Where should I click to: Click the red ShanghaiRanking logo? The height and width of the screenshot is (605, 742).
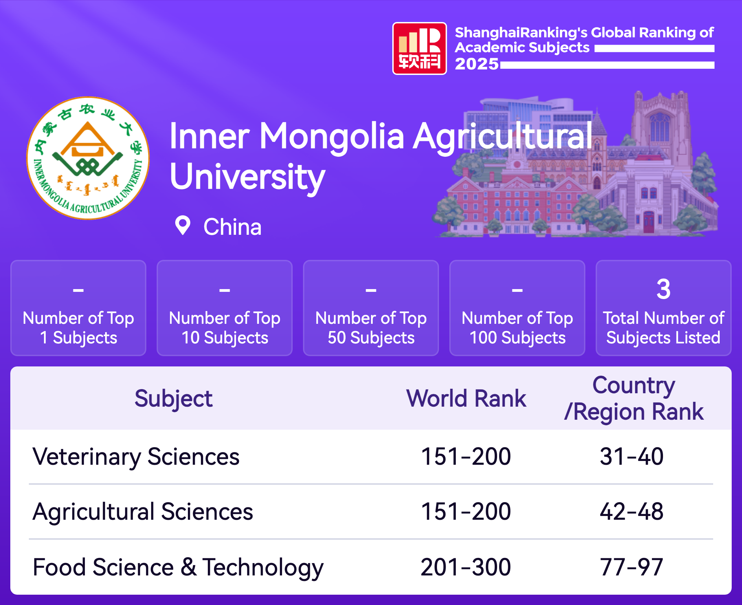click(419, 48)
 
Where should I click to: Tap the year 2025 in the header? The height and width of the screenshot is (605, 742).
click(477, 64)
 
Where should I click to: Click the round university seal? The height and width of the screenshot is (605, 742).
click(88, 158)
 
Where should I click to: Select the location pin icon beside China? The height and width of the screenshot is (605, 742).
click(182, 225)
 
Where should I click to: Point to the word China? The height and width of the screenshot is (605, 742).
click(232, 227)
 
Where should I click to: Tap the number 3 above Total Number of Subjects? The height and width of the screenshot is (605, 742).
click(663, 289)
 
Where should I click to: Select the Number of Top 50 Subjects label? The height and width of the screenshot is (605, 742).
click(371, 328)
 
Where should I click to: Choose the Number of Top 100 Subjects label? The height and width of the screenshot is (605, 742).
click(517, 328)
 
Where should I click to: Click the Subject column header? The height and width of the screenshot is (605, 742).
click(173, 399)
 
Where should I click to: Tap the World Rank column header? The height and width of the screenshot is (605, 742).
click(466, 398)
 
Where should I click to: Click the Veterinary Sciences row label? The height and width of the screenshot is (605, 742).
click(136, 457)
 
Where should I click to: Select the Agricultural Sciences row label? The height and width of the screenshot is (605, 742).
click(143, 512)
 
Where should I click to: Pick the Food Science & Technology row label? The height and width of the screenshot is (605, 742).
click(178, 568)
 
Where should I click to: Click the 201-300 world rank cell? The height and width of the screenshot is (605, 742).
click(466, 568)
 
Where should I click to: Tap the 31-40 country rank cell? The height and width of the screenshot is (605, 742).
click(632, 456)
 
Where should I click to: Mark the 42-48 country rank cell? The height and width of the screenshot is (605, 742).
click(632, 511)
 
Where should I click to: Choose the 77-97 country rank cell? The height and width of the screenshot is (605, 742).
click(632, 568)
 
